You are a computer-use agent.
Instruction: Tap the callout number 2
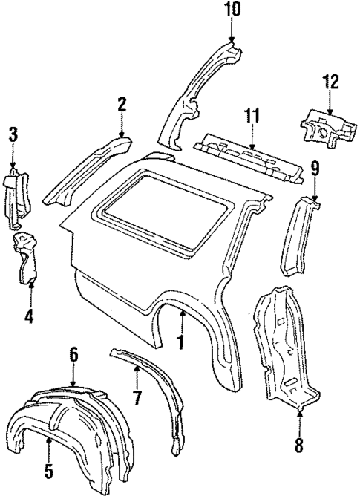click(x=120, y=106)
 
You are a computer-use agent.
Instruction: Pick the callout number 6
click(x=73, y=355)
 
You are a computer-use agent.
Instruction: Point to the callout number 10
click(x=231, y=10)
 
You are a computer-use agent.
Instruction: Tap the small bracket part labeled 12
click(x=325, y=127)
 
